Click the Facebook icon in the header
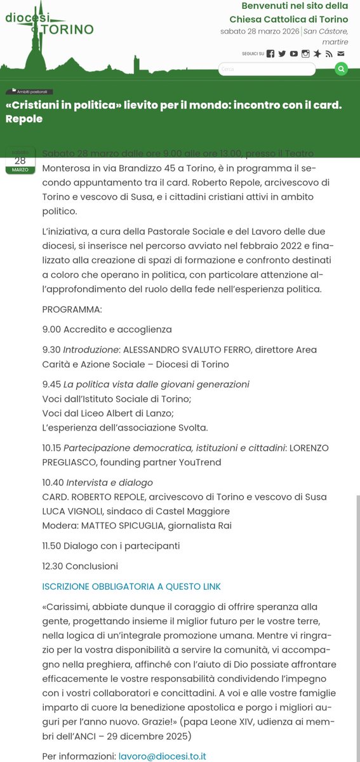[270, 54]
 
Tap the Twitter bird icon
[282, 54]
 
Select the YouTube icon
[293, 54]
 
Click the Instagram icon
[305, 54]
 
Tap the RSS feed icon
[329, 54]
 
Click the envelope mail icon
[341, 54]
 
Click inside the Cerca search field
[267, 69]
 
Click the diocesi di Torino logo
[49, 25]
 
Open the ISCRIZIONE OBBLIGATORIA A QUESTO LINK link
[131, 586]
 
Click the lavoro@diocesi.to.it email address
[162, 756]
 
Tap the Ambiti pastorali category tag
[31, 91]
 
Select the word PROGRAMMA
[72, 309]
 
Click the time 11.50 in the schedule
[53, 545]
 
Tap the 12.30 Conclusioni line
[80, 566]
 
